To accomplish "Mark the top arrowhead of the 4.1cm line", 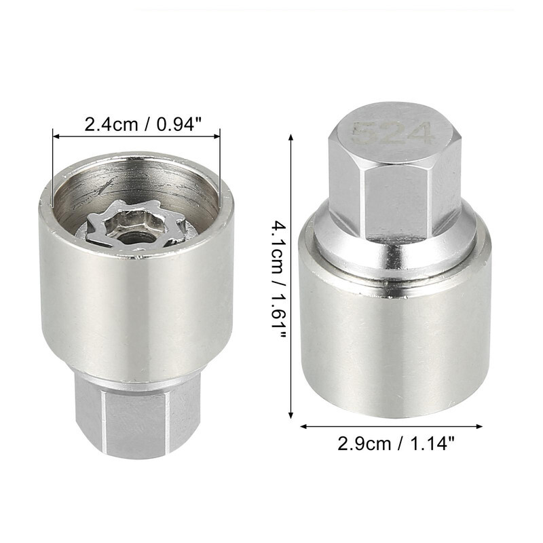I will [291, 138].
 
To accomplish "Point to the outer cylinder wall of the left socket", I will [136, 305].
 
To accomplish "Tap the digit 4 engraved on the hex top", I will [421, 133].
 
